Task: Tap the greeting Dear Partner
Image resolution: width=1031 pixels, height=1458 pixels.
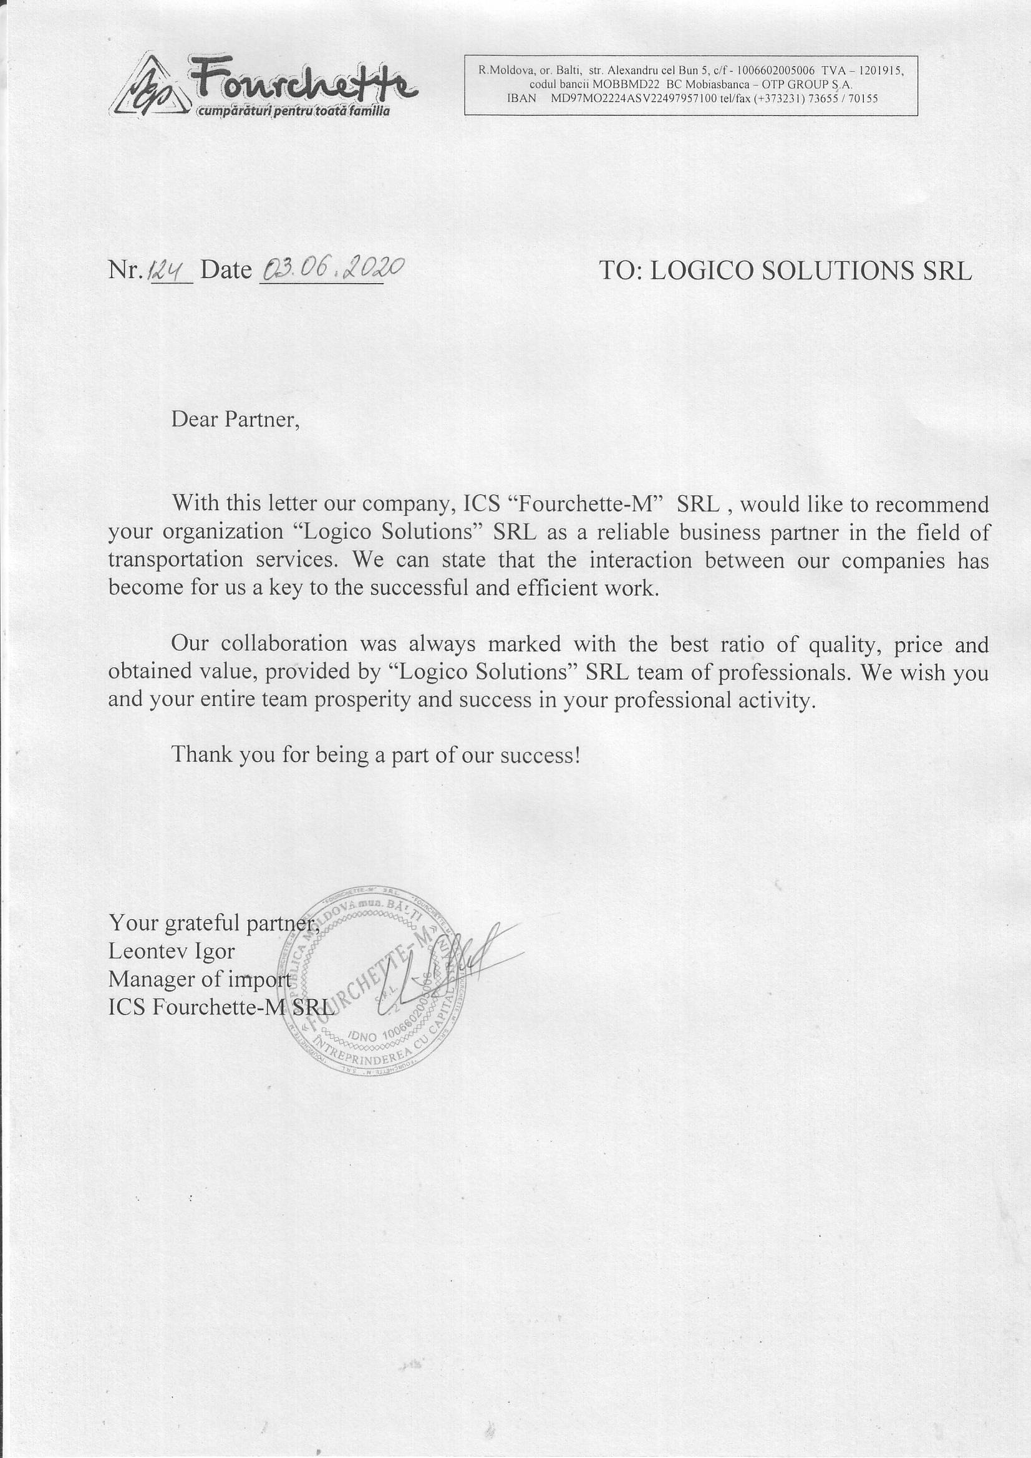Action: [x=235, y=420]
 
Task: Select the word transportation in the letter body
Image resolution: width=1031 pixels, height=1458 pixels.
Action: [x=175, y=560]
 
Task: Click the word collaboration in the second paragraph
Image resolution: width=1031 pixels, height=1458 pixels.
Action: [x=284, y=644]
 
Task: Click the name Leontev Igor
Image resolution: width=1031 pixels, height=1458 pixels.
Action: [x=172, y=951]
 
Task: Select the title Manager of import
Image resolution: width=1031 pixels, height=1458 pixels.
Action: [x=200, y=979]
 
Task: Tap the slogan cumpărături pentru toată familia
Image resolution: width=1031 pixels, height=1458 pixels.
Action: [x=294, y=112]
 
